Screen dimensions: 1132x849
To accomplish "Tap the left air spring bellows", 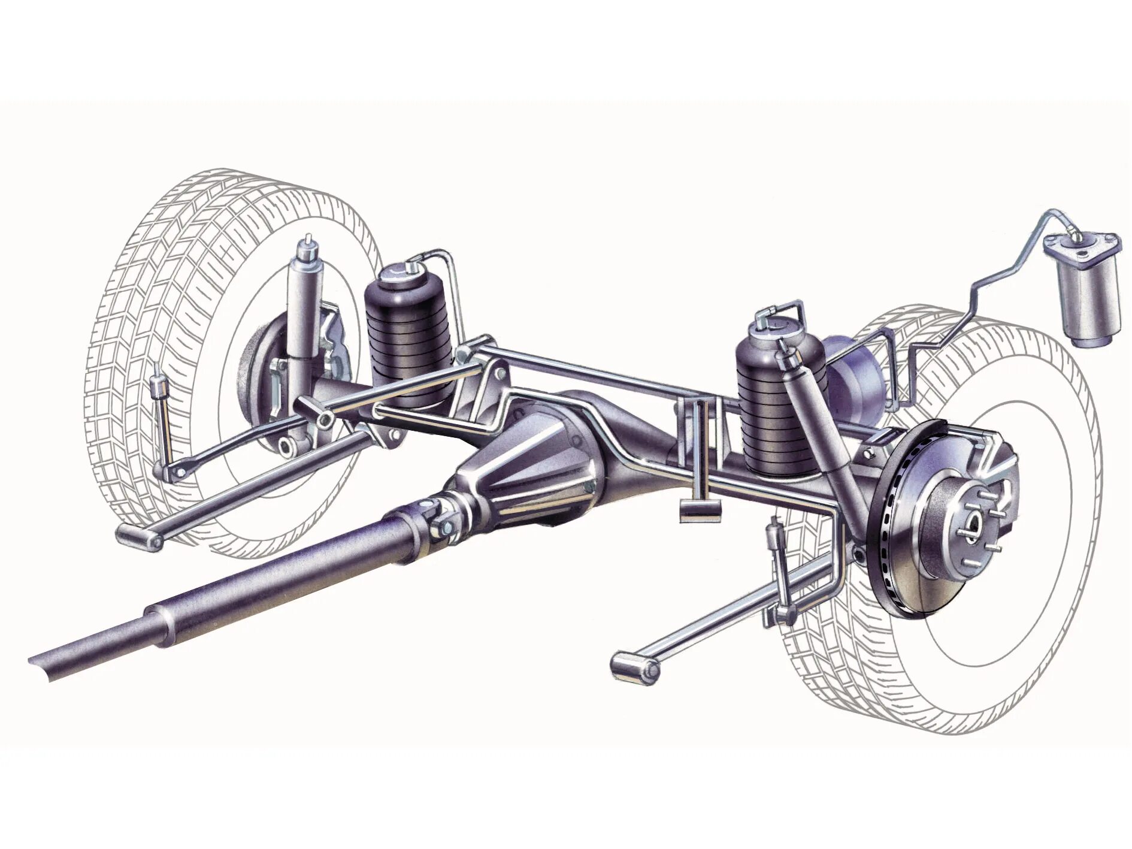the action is [407, 348].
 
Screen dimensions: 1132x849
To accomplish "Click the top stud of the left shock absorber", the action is [308, 243].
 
